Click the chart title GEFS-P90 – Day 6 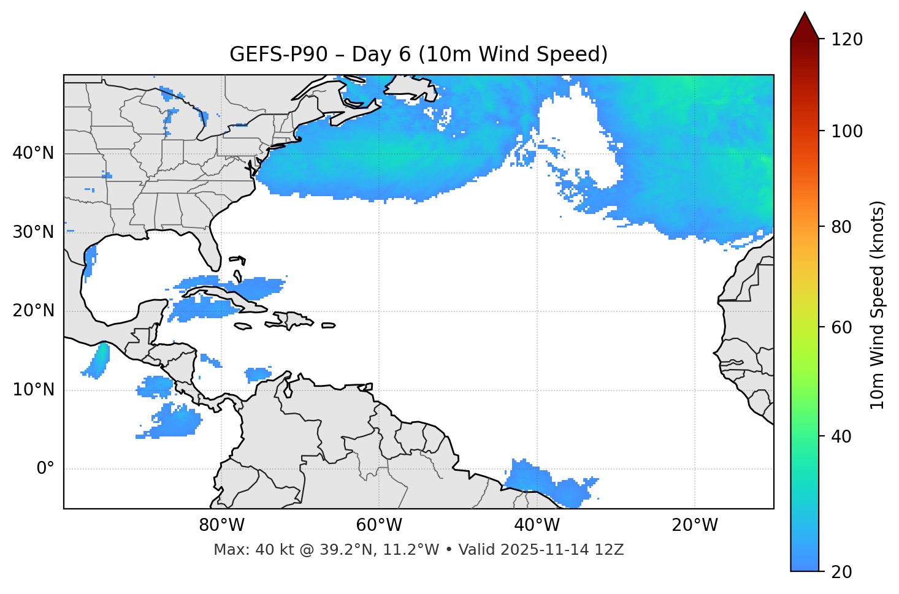pos(418,55)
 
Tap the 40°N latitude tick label pos(33,153)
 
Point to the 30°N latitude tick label pos(33,232)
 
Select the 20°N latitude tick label pos(33,311)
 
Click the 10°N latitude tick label pos(33,390)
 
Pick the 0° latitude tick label pos(45,469)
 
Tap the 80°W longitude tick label pos(221,525)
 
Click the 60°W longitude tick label pos(379,525)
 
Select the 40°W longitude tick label pos(537,525)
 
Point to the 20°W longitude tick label pos(694,525)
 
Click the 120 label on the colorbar pos(847,40)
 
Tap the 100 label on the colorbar pos(847,131)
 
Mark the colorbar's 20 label pos(842,572)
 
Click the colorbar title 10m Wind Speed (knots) pos(878,305)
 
